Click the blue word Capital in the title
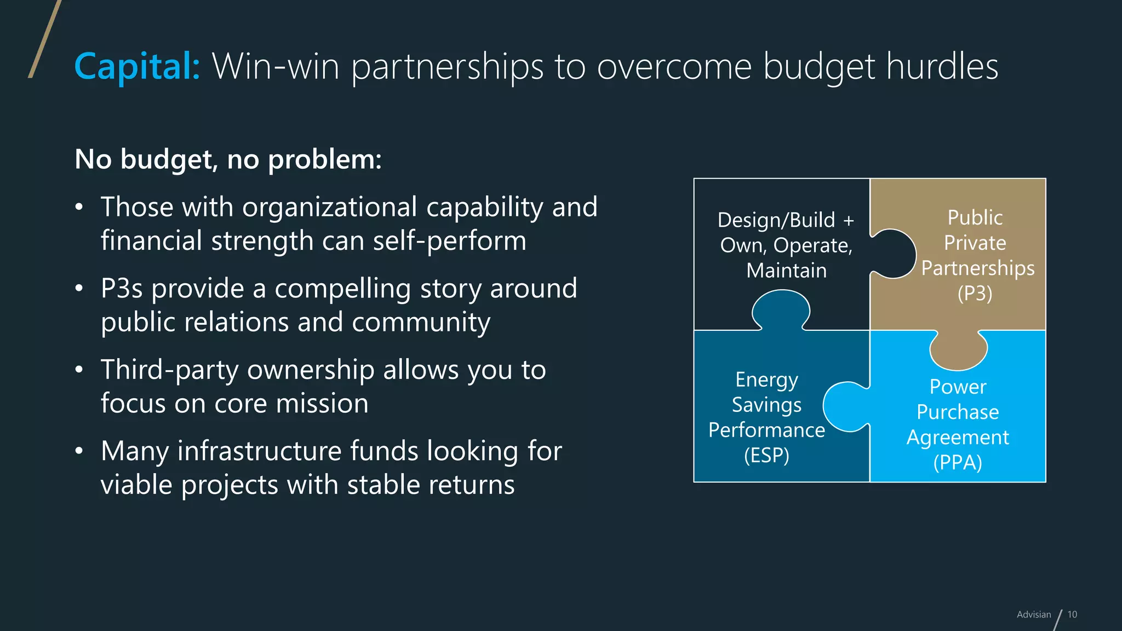click(137, 67)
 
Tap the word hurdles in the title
click(942, 67)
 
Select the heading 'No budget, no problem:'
click(228, 159)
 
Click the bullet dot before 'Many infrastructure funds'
click(79, 451)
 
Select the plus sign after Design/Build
click(849, 221)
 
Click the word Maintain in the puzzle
click(786, 271)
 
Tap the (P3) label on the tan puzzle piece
click(975, 294)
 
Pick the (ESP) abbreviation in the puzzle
click(766, 456)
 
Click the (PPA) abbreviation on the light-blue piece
click(957, 463)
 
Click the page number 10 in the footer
click(1072, 615)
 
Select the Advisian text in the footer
click(1034, 615)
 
